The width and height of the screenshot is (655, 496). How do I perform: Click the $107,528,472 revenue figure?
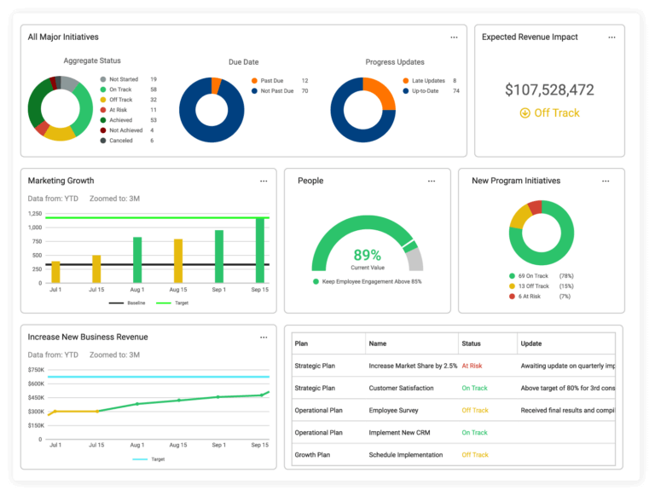549,89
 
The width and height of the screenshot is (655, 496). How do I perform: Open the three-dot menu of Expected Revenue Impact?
612,37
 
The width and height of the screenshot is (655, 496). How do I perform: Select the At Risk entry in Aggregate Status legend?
120,110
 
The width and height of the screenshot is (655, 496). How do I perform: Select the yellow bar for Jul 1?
55,272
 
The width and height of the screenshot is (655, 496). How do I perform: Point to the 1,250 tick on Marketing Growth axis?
34,214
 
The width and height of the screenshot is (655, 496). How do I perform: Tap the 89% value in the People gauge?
367,255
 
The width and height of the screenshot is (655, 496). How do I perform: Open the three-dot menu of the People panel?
432,181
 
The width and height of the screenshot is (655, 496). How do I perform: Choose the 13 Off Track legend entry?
532,286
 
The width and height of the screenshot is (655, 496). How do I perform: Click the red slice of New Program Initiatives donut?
535,207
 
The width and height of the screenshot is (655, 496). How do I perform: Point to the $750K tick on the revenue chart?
36,370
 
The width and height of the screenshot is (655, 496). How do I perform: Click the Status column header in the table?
471,343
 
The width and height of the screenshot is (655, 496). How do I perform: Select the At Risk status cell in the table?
472,366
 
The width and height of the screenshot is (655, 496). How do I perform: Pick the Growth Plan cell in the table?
312,455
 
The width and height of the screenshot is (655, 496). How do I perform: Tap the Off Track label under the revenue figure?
556,112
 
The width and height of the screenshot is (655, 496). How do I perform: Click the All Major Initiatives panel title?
63,37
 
